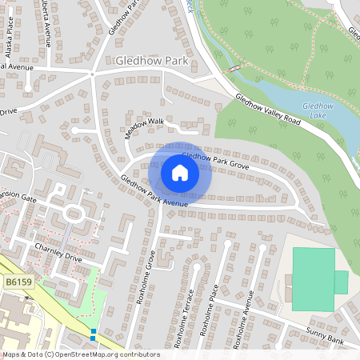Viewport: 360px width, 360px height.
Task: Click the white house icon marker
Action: (180, 172)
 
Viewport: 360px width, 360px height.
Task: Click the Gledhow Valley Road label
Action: (268, 110)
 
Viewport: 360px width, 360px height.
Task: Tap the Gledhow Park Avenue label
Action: (154, 191)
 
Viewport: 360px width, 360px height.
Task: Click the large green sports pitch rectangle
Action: (314, 278)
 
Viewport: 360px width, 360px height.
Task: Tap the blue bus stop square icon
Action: (94, 333)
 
